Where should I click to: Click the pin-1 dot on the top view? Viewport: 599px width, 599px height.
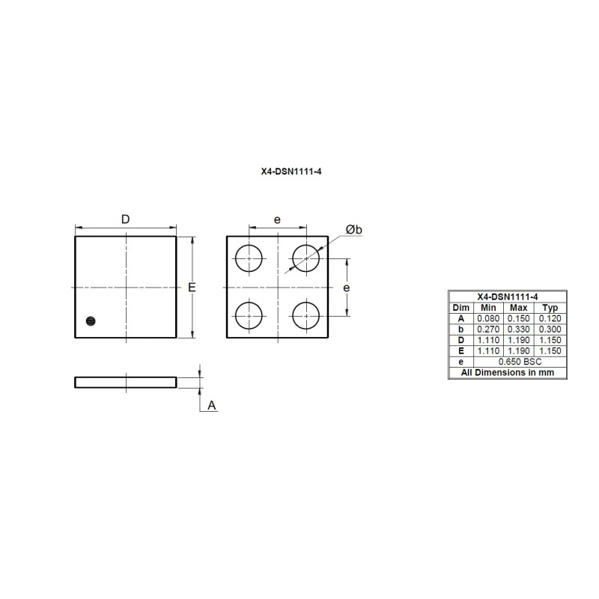(x=91, y=321)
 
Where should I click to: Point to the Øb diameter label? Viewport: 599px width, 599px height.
(x=353, y=229)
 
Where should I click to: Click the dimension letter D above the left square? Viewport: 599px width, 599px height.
(x=126, y=219)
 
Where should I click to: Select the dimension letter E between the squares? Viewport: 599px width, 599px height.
(x=192, y=288)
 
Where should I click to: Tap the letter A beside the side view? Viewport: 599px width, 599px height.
(x=212, y=405)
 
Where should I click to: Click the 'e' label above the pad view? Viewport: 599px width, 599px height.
(x=277, y=219)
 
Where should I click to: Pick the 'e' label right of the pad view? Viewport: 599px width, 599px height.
(x=346, y=288)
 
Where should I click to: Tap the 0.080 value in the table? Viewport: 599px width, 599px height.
(x=487, y=318)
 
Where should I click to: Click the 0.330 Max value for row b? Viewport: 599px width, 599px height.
(x=518, y=329)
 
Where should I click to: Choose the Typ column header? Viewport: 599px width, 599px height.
(x=550, y=308)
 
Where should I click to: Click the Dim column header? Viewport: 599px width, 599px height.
(x=460, y=308)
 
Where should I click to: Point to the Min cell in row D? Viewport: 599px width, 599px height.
(x=487, y=340)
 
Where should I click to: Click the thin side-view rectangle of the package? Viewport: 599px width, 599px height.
(x=126, y=383)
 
